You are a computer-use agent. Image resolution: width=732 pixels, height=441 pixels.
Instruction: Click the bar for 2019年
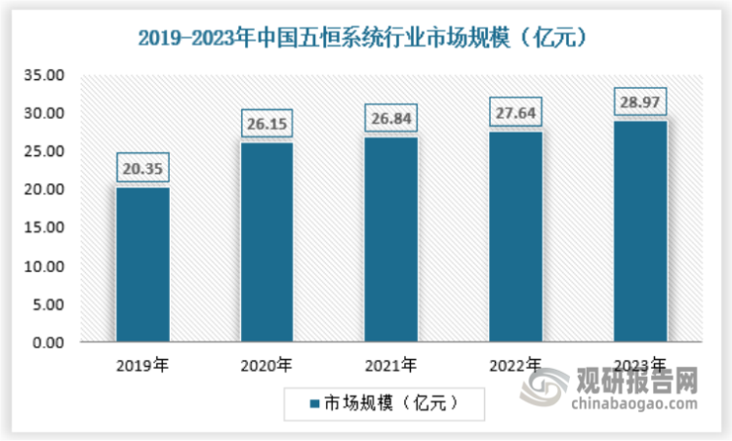pyautogui.click(x=143, y=264)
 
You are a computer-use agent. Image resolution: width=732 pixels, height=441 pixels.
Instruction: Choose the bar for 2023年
pyautogui.click(x=640, y=231)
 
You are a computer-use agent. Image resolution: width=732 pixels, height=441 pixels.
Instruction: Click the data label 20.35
pyautogui.click(x=143, y=169)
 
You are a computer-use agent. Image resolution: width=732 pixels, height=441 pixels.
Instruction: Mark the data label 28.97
pyautogui.click(x=640, y=101)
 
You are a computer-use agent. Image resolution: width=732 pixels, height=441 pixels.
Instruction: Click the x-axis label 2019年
pyautogui.click(x=142, y=367)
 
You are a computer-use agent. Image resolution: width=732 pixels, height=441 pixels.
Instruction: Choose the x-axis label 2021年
pyautogui.click(x=390, y=367)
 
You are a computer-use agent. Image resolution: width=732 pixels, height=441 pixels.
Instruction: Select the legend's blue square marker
pyautogui.click(x=313, y=401)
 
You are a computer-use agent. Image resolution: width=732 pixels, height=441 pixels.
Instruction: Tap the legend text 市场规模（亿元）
pyautogui.click(x=386, y=401)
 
